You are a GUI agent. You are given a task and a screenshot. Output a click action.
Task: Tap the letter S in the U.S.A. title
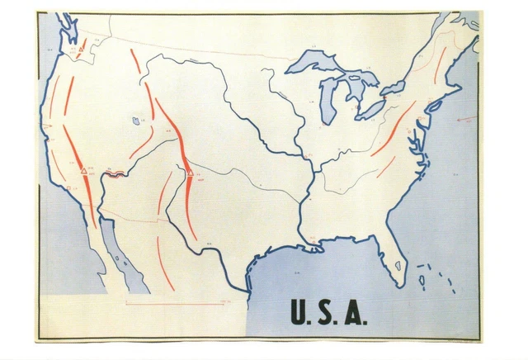click(x=327, y=311)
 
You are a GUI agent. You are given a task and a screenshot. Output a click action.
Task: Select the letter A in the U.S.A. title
click(x=353, y=311)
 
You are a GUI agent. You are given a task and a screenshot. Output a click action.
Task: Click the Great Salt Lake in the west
click(x=135, y=121)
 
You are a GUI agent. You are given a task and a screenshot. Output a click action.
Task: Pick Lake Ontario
click(x=394, y=85)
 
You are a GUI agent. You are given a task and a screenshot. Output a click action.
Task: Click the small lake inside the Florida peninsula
click(x=397, y=266)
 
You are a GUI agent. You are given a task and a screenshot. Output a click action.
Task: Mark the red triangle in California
click(x=83, y=171)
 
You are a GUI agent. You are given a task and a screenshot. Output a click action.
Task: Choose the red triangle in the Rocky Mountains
click(x=190, y=173)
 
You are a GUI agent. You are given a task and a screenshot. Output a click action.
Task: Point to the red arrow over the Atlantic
click(x=467, y=118)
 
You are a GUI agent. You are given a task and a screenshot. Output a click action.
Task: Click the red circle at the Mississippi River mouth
click(x=313, y=241)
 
